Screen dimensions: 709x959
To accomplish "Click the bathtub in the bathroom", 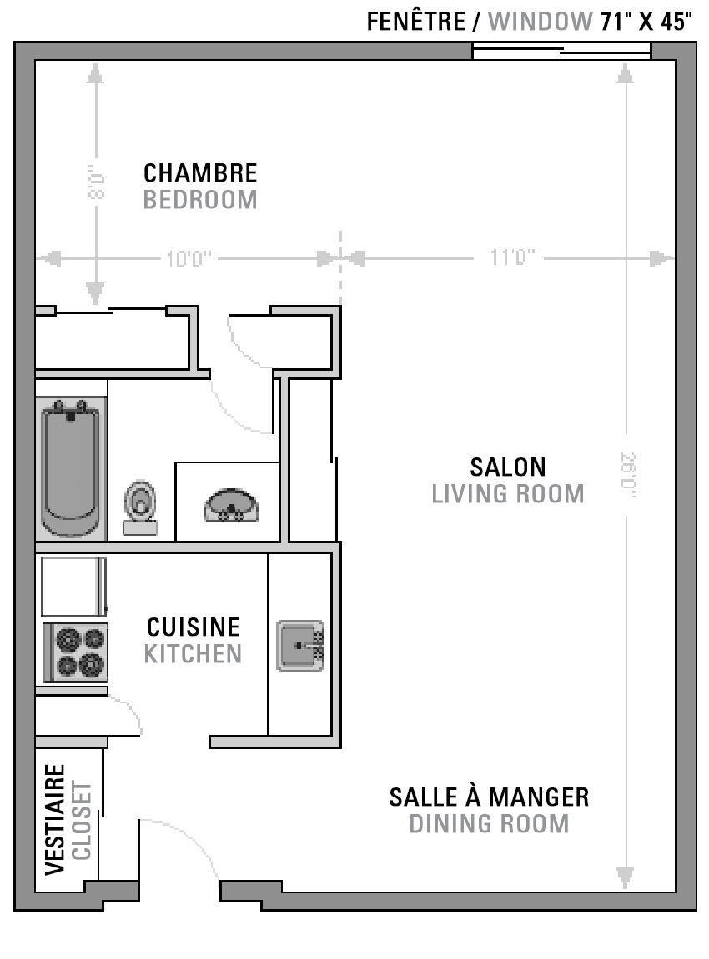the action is pyautogui.click(x=70, y=469).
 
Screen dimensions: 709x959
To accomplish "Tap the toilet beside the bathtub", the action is pyautogui.click(x=140, y=507).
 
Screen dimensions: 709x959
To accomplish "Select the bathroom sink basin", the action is pyautogui.click(x=231, y=505).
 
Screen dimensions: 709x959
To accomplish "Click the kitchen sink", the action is pyautogui.click(x=300, y=645).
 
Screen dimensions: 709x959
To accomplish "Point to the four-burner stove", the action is pyautogui.click(x=75, y=652).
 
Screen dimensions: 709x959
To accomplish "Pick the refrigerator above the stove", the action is pyautogui.click(x=73, y=586).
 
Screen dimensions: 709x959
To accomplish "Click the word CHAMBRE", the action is pyautogui.click(x=200, y=173).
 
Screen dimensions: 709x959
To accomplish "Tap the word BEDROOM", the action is pyautogui.click(x=200, y=200).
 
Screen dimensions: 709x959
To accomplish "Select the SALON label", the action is pyautogui.click(x=508, y=467).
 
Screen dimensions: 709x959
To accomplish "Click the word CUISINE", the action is pyautogui.click(x=194, y=627).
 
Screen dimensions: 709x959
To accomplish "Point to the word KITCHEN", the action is pyautogui.click(x=193, y=654).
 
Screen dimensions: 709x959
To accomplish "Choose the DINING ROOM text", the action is pyautogui.click(x=489, y=824).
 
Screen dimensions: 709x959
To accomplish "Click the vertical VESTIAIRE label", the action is pyautogui.click(x=55, y=820).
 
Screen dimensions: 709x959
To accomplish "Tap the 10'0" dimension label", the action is pyautogui.click(x=189, y=259).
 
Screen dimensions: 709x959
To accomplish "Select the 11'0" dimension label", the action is pyautogui.click(x=512, y=257).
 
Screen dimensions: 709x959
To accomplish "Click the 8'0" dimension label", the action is pyautogui.click(x=97, y=182).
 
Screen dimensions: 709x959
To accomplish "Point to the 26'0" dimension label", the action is pyautogui.click(x=628, y=475).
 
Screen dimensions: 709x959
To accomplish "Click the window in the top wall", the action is pyautogui.click(x=561, y=52).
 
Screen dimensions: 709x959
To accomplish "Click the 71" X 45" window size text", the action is pyautogui.click(x=646, y=22).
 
